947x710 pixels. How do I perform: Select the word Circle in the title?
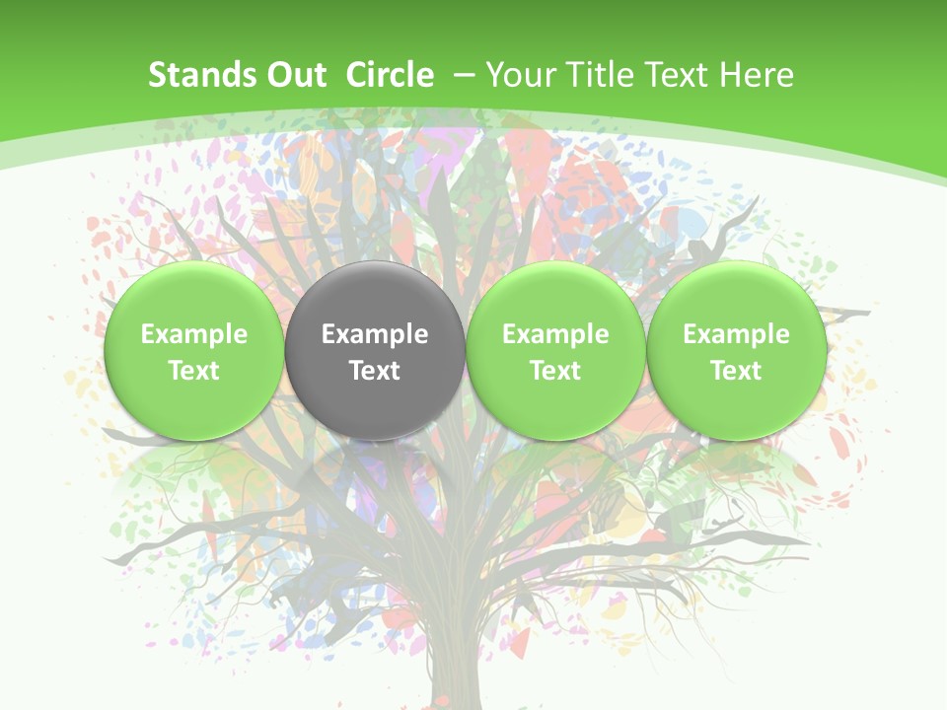pos(390,75)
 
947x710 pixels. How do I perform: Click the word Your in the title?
pos(519,75)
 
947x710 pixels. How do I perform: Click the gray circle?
pos(375,350)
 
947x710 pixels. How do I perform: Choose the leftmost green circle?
pos(194,350)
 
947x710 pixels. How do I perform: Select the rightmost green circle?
pos(736,350)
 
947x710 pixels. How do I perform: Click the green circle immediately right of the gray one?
pos(555,350)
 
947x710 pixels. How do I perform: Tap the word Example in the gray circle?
pos(375,334)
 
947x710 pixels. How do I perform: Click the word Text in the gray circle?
pos(375,371)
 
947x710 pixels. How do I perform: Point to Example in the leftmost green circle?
pos(194,334)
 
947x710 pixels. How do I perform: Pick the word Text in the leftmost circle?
pos(194,371)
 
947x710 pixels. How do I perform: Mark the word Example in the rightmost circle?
pos(736,334)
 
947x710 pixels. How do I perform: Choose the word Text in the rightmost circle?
pos(736,371)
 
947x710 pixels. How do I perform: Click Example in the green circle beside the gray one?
pos(555,334)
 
